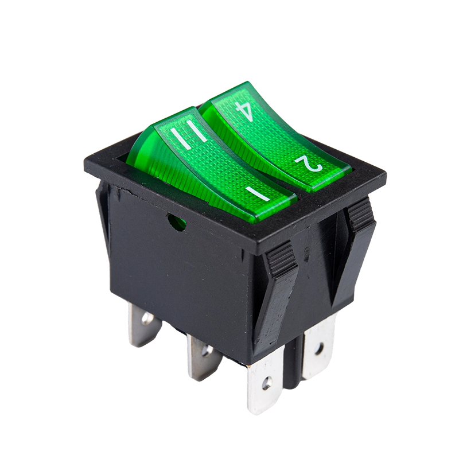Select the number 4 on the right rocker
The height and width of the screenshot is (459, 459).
point(244,108)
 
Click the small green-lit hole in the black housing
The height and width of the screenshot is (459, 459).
point(176,221)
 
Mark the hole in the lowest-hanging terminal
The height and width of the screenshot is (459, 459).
point(266,380)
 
